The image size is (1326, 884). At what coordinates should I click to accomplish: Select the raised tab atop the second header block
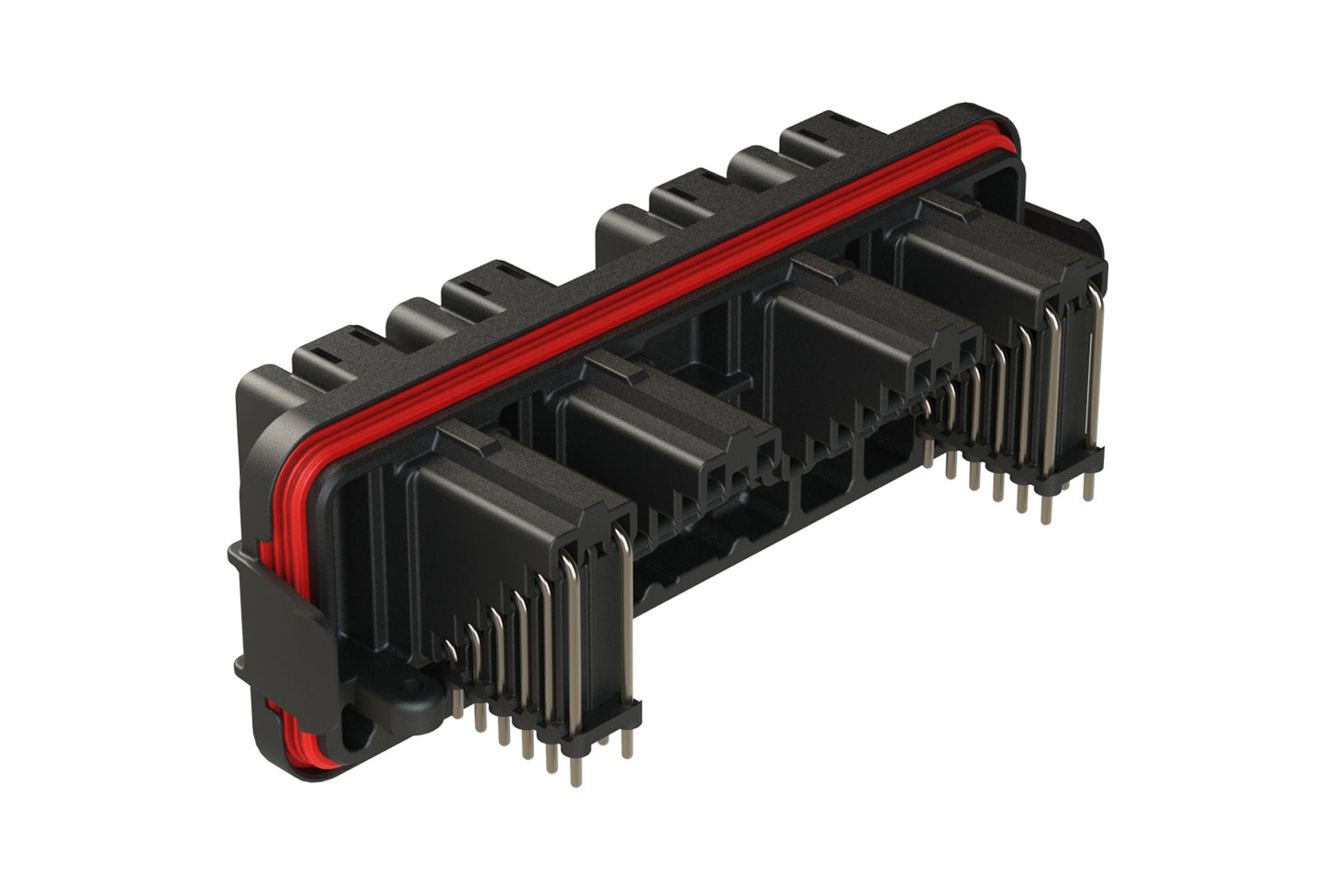pyautogui.click(x=616, y=369)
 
